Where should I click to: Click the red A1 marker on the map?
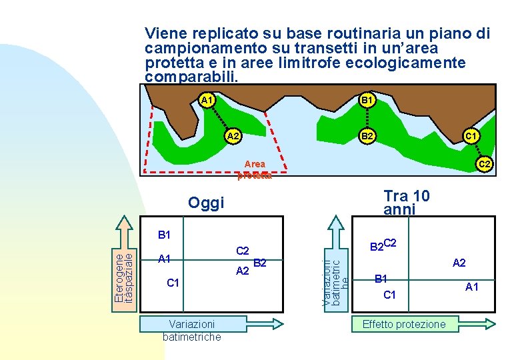207,100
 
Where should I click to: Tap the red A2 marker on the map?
233,136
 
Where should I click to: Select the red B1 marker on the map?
366,100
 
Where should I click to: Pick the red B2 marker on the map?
366,136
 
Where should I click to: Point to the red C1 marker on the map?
470,136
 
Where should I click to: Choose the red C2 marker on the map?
484,163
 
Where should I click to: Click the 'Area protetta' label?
255,170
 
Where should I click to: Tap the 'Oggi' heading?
206,203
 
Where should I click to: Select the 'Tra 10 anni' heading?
406,202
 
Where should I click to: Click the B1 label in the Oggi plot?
165,235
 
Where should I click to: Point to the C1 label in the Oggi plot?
173,283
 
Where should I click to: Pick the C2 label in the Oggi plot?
243,251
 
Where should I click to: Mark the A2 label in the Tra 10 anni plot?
459,263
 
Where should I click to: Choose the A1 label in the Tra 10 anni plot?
472,287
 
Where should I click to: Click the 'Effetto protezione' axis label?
403,324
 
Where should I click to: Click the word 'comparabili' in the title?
190,77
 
